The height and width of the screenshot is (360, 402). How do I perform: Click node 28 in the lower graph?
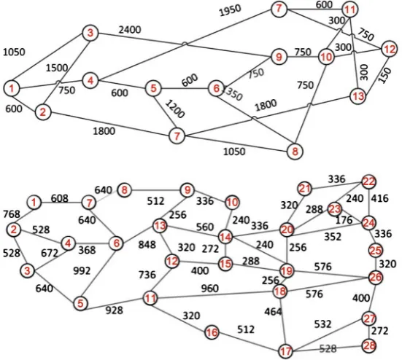point(369,345)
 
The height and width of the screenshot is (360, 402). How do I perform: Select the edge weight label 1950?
point(230,10)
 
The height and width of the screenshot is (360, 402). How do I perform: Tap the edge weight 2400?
point(130,30)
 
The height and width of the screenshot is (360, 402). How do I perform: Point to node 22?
point(368,181)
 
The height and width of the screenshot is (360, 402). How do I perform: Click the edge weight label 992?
point(82,270)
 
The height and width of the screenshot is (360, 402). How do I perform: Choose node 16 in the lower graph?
point(212,332)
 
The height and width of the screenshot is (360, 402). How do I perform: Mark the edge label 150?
point(384,75)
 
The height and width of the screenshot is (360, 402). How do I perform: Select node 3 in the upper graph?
point(90,34)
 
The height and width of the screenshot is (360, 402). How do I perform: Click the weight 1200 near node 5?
point(174,109)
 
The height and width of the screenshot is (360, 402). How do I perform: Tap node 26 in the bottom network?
point(376,278)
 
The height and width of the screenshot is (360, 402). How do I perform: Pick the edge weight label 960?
point(209,289)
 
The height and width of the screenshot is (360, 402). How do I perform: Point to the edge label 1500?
point(57,68)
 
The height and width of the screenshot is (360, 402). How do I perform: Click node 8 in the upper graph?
point(295,152)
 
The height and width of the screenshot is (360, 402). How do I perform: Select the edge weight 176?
point(344,220)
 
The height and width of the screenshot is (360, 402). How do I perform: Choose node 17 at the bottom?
point(285,351)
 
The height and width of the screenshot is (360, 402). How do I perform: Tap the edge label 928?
point(115,310)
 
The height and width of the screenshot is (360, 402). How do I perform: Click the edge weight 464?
point(274,312)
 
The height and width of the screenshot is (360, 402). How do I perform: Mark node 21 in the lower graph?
point(305,189)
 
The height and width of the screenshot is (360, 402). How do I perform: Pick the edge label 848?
point(147,245)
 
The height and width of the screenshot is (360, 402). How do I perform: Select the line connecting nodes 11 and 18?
point(214,295)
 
